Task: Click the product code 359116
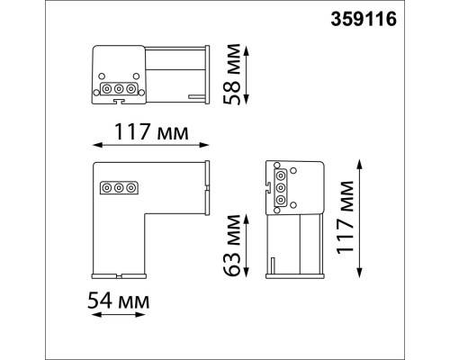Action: [364, 20]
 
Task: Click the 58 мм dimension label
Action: [232, 75]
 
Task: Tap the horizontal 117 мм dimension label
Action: [151, 132]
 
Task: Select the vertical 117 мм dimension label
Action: [345, 218]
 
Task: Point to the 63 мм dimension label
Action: [232, 246]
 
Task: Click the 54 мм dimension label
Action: [119, 301]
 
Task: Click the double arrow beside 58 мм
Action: [247, 76]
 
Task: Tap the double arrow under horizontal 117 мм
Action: [150, 145]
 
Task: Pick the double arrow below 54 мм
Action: [119, 315]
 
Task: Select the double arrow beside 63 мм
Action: [247, 246]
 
